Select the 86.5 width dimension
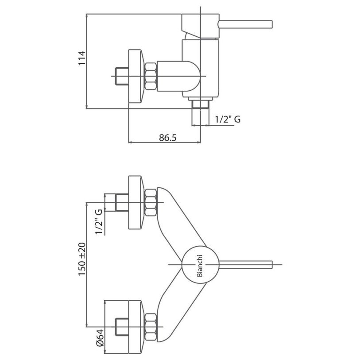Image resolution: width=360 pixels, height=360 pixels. [167, 137]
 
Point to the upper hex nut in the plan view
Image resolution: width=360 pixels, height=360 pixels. [151, 203]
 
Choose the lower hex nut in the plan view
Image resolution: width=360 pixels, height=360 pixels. [151, 327]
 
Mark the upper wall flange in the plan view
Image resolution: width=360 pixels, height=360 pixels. [135, 203]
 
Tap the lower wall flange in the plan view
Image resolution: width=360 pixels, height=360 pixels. [135, 327]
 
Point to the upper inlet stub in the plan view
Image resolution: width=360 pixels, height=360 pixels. [121, 203]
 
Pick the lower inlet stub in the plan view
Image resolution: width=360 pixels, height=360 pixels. [121, 327]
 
